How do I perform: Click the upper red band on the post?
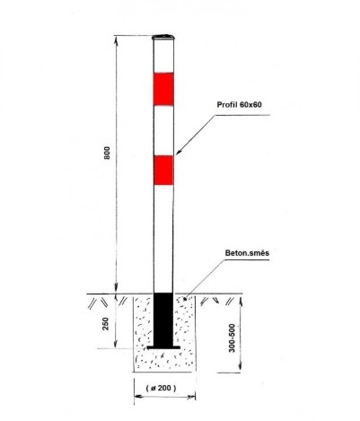pos(163,89)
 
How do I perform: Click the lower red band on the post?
pos(163,170)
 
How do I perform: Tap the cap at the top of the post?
pos(163,37)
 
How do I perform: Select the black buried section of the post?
pos(163,319)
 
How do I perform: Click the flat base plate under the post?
pos(163,347)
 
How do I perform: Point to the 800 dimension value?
pos(107,153)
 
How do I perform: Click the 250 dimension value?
pos(106,323)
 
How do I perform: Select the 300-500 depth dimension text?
pos(232,338)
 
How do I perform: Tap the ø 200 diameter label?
pos(161,388)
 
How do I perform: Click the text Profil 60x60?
pos(239,104)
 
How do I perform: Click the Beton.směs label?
pos(247,253)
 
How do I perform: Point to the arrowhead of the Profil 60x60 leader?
pos(178,153)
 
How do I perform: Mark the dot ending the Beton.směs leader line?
pos(185,298)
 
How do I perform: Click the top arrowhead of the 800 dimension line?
pos(117,39)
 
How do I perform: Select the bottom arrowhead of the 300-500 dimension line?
pos(241,368)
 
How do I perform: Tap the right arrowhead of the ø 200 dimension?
pos(191,397)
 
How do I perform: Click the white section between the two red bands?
pos(163,130)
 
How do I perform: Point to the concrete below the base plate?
pos(163,361)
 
